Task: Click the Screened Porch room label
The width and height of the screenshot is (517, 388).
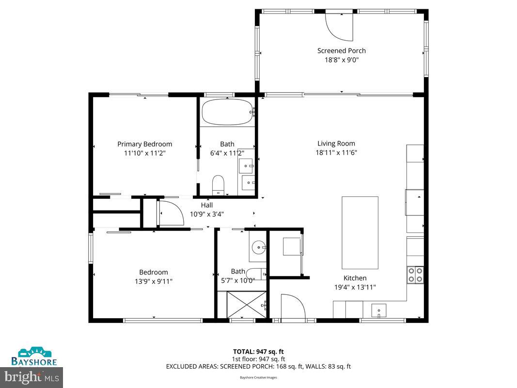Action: pos(341,50)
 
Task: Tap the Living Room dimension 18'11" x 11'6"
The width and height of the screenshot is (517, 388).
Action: pos(336,152)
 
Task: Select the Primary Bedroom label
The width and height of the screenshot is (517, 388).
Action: pos(144,144)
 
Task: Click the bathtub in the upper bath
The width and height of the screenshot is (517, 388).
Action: pos(227,113)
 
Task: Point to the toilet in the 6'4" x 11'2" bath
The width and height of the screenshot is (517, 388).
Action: pos(219,185)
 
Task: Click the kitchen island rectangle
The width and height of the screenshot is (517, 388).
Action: pos(360,232)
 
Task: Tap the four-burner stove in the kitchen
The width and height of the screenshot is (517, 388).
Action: pos(415,275)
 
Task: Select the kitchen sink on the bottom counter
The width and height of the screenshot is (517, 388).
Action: pos(378,309)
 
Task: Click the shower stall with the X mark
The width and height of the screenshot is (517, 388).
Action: pos(247,304)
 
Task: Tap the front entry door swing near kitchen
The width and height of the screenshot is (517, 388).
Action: pos(291,307)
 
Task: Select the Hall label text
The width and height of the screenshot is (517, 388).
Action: pos(207,205)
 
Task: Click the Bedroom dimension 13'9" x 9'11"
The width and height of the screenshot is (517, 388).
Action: pos(154,281)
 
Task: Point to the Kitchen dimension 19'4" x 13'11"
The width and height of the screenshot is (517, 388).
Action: pos(355,287)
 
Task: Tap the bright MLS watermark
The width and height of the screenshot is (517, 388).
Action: pos(32,376)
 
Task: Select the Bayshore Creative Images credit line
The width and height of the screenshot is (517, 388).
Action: pos(258,377)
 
